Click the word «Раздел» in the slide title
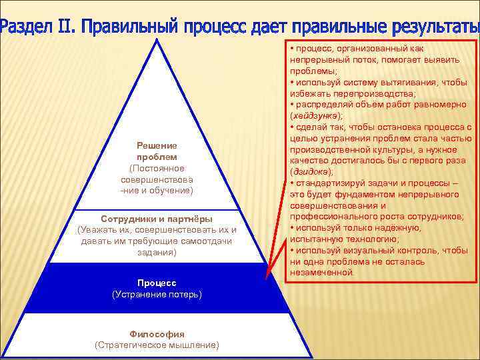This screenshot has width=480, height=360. click(x=26, y=27)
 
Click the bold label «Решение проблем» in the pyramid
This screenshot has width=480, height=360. click(x=157, y=151)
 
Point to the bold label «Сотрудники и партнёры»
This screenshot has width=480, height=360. click(x=157, y=219)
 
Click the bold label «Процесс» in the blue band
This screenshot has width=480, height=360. click(x=157, y=283)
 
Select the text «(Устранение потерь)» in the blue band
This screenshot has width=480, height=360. click(x=157, y=294)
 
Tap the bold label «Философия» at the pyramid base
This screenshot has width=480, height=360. click(x=157, y=334)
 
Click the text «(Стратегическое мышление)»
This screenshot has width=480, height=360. click(x=157, y=345)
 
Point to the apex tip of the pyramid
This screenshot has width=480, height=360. click(x=157, y=39)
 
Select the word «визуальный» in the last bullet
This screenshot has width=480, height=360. click(x=364, y=250)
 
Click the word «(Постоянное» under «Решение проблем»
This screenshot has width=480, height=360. click(x=157, y=168)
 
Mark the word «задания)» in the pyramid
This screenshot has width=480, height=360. click(x=157, y=253)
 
